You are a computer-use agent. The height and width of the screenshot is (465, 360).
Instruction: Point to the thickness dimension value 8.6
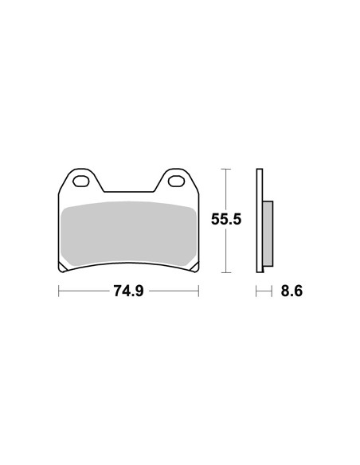pyautogui.click(x=291, y=291)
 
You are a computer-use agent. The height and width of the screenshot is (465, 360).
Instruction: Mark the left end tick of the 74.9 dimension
pyautogui.click(x=59, y=291)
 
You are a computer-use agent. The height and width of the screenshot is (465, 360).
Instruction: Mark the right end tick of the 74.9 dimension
pyautogui.click(x=198, y=291)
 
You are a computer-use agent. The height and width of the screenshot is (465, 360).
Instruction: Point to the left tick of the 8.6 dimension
pyautogui.click(x=256, y=291)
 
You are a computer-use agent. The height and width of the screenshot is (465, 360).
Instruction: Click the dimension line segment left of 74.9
pyautogui.click(x=84, y=291)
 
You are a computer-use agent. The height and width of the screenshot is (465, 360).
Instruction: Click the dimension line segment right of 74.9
pyautogui.click(x=174, y=291)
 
